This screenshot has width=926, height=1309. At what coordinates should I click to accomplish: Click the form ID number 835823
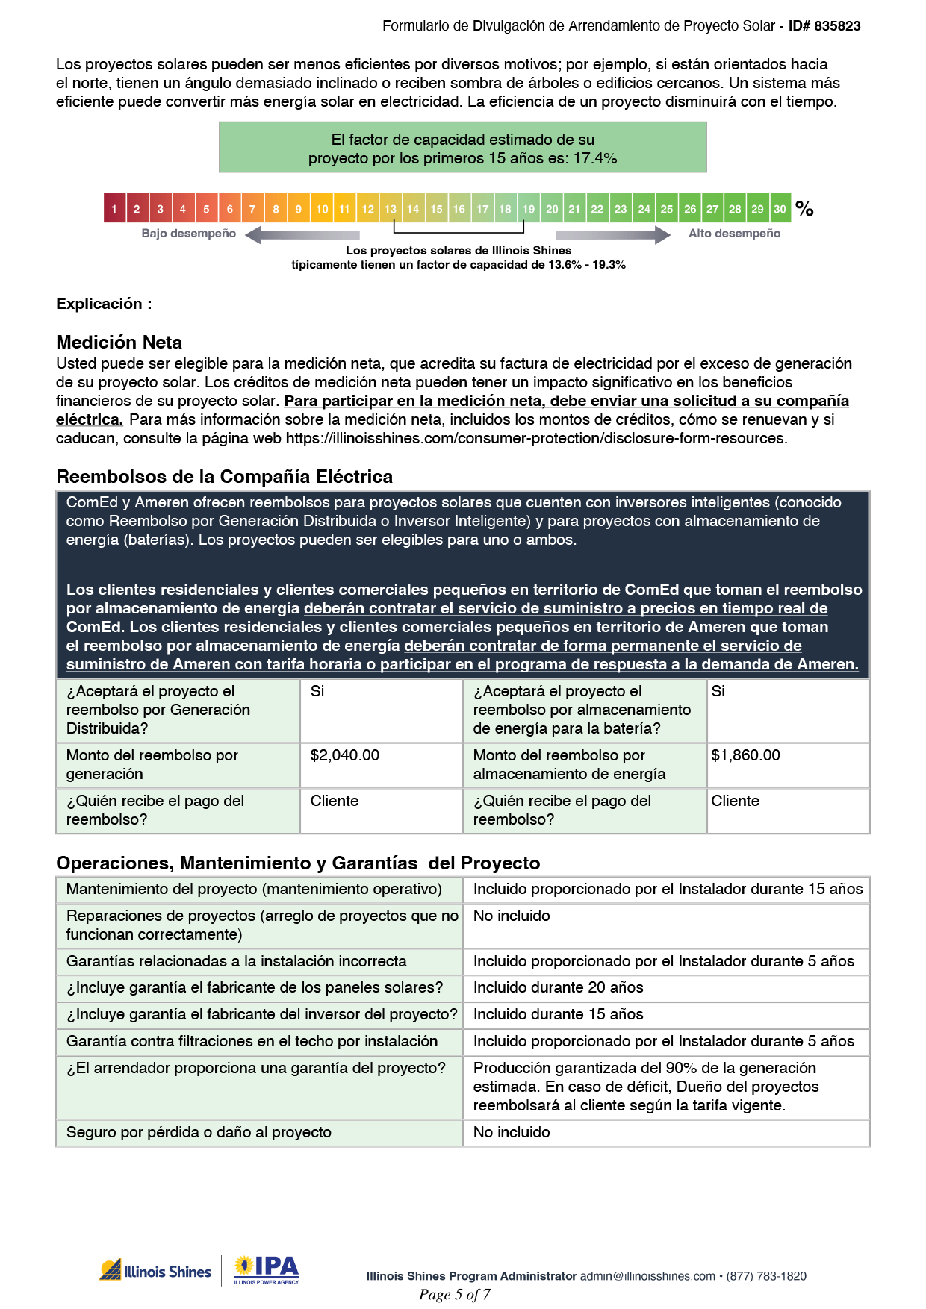(837, 26)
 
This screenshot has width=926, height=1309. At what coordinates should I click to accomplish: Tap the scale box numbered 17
(482, 209)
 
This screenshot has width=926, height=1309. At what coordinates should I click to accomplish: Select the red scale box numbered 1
(114, 209)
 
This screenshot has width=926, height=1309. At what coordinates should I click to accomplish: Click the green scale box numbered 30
(780, 209)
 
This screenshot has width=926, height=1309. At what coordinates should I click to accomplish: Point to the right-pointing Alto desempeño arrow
(624, 235)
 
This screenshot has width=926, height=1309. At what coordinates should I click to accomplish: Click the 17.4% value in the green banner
(595, 158)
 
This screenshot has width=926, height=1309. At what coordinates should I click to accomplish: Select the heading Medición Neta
(119, 343)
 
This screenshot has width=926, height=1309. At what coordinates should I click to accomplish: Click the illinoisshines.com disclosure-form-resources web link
(535, 438)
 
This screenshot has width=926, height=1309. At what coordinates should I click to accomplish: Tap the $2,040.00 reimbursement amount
(345, 755)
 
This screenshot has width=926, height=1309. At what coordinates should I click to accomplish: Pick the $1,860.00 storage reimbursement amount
(745, 755)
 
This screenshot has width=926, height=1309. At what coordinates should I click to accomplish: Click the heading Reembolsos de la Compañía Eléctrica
(224, 477)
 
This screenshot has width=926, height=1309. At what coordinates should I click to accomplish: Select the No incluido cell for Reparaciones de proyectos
(512, 916)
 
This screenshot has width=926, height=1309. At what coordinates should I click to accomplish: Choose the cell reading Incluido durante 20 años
(558, 987)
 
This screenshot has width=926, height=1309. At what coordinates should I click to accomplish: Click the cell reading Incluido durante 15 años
(558, 1014)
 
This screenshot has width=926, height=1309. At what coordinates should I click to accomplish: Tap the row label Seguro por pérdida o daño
(199, 1132)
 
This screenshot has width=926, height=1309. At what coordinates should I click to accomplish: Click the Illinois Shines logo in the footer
(155, 1270)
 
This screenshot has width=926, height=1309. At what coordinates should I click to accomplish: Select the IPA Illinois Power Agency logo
(267, 1269)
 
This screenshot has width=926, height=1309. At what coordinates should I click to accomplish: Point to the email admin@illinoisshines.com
(647, 1276)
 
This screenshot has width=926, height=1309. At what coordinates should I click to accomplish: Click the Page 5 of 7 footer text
(454, 1295)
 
